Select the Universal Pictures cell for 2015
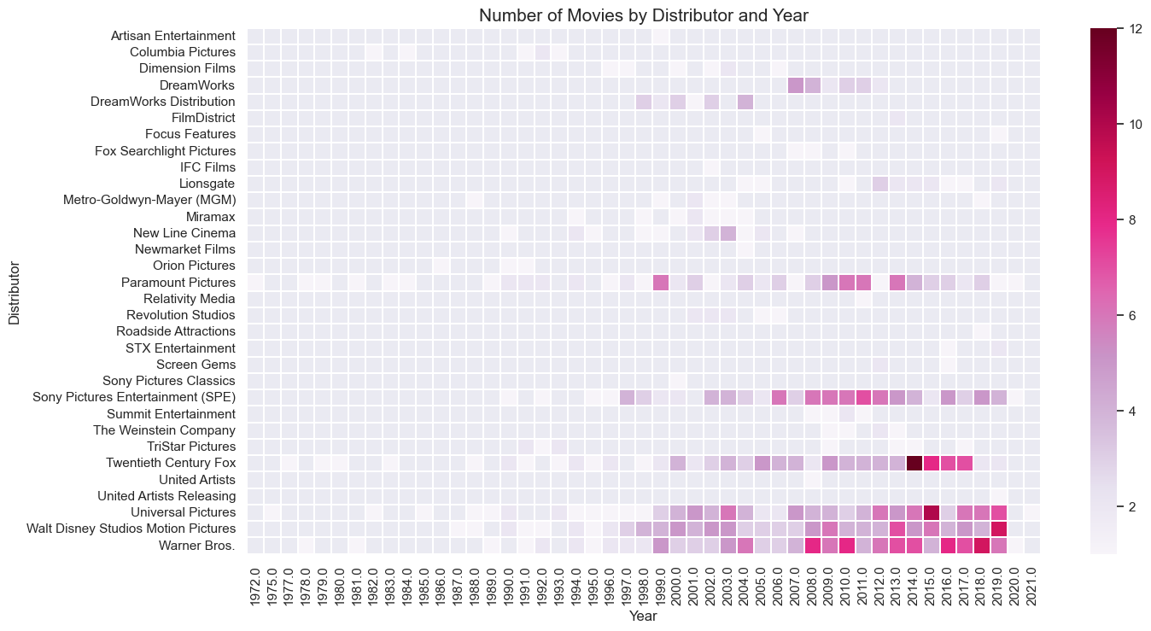point(932,512)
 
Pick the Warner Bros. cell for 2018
point(982,546)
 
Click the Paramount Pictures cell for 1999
point(661,283)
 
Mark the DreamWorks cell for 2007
point(796,85)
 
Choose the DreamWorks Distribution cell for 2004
point(745,102)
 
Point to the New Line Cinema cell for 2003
point(728,233)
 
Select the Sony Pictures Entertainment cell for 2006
point(779,398)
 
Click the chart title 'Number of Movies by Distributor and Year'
point(643,15)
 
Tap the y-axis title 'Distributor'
point(14,292)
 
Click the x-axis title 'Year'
point(643,616)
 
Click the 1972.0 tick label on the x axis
point(256,585)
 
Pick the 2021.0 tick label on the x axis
point(1032,585)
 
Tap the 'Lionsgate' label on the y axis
point(207,184)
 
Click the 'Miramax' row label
point(211,217)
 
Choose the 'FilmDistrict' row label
point(202,118)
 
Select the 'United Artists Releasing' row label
point(167,496)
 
